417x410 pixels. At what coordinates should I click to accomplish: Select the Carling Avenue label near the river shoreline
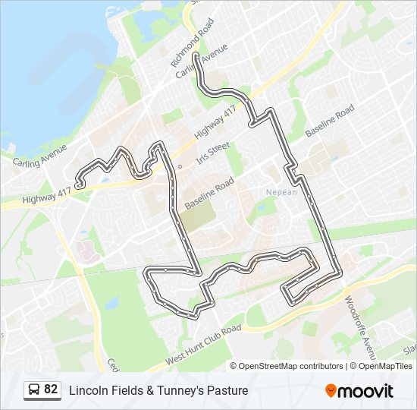[40, 154]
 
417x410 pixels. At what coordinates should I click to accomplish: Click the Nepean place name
[281, 192]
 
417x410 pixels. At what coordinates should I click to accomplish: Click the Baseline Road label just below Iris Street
[209, 193]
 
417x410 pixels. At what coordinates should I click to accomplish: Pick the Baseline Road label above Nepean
[330, 121]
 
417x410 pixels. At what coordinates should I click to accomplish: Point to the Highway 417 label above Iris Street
[215, 123]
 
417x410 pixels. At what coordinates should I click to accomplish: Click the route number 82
[51, 389]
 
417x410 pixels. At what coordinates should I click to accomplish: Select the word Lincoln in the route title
[88, 390]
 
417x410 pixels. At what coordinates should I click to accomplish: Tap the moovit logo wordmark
[366, 390]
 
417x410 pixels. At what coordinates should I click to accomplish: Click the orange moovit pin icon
[331, 390]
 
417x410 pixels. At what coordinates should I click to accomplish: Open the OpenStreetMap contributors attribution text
[291, 366]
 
